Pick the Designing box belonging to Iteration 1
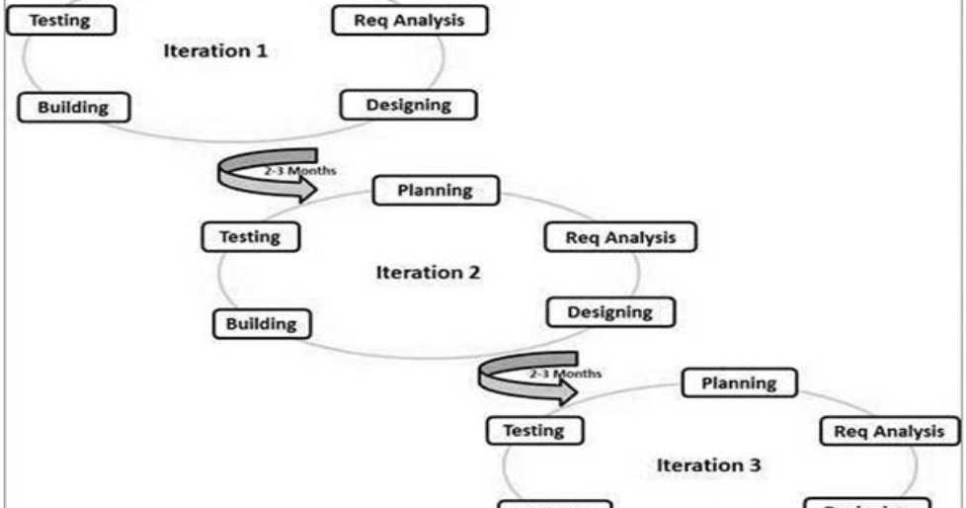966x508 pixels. coord(408,104)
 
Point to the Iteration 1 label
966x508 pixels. coord(214,51)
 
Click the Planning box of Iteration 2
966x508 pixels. coord(435,190)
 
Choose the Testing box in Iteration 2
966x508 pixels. coord(250,237)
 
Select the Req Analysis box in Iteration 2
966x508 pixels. coord(620,237)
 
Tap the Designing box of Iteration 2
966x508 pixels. coord(610,312)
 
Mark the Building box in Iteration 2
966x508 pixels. coord(262,323)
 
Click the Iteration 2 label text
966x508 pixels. coord(428,272)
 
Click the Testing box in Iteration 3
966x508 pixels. coord(534,430)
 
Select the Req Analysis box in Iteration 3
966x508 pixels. coord(889,430)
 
